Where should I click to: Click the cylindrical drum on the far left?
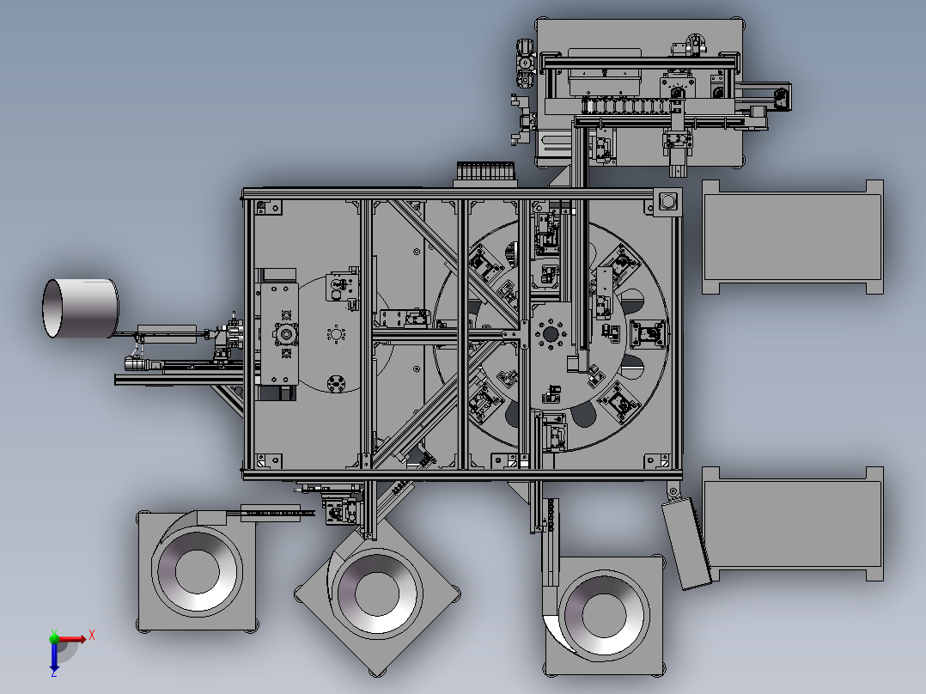[81, 308]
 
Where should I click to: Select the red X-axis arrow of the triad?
[70, 639]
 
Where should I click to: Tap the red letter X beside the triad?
[92, 636]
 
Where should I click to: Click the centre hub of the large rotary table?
[551, 334]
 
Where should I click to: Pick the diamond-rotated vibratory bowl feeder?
[377, 594]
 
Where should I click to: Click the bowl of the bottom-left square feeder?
[198, 570]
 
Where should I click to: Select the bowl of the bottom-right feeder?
[604, 615]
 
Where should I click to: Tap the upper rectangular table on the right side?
[793, 237]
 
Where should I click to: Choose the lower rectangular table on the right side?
[793, 524]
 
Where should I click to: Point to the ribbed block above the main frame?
[485, 173]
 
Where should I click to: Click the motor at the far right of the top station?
[782, 97]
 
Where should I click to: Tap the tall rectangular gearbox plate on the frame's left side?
[279, 335]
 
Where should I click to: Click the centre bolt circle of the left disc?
[336, 335]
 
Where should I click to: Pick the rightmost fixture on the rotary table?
[648, 334]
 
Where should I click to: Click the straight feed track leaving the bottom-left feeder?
[277, 513]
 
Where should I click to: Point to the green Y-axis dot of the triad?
[54, 637]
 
